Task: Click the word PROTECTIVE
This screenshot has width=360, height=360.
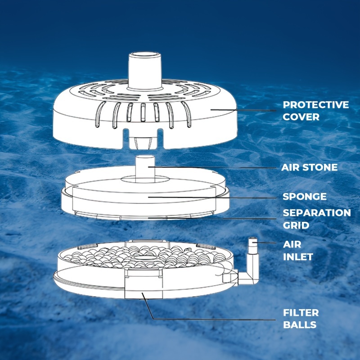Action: click(x=316, y=105)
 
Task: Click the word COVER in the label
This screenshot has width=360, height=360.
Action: click(x=301, y=117)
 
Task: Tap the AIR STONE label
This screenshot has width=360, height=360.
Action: click(x=310, y=167)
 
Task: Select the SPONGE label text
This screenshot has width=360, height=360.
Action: click(x=305, y=197)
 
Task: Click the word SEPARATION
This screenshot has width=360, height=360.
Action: click(x=317, y=213)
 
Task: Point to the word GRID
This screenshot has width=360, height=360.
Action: click(x=296, y=225)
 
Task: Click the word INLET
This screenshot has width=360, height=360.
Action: click(x=298, y=256)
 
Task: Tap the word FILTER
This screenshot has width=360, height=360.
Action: click(x=301, y=313)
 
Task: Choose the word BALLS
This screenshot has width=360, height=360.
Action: click(x=300, y=324)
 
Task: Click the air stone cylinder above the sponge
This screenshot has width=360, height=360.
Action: click(x=145, y=169)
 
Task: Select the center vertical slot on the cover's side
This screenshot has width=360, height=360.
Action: click(x=143, y=112)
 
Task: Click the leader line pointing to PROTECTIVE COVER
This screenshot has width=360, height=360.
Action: click(x=243, y=110)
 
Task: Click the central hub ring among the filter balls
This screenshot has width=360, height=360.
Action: click(x=144, y=258)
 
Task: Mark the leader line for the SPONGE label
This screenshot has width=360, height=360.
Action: click(x=212, y=198)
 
